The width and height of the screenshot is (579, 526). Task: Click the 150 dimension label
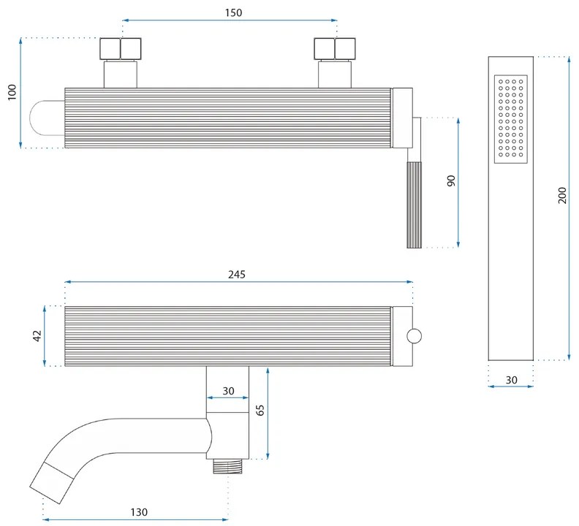(x=233, y=13)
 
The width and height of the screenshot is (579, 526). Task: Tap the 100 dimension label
(x=12, y=93)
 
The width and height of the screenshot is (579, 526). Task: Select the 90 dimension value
(x=451, y=181)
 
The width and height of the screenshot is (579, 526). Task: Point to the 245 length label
(x=237, y=275)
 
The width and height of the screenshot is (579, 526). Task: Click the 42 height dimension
(x=37, y=336)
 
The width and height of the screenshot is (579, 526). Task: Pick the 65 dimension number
(x=261, y=410)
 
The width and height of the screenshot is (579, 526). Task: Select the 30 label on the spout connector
(x=228, y=391)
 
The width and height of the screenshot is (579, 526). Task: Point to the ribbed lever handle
(x=415, y=205)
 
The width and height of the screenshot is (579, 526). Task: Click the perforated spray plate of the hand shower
(x=510, y=118)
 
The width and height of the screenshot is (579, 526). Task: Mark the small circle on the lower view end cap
(x=414, y=336)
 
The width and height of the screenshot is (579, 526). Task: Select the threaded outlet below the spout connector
(x=228, y=464)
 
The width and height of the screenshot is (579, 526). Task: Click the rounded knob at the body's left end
(x=47, y=118)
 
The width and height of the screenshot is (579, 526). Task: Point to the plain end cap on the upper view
(x=403, y=118)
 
